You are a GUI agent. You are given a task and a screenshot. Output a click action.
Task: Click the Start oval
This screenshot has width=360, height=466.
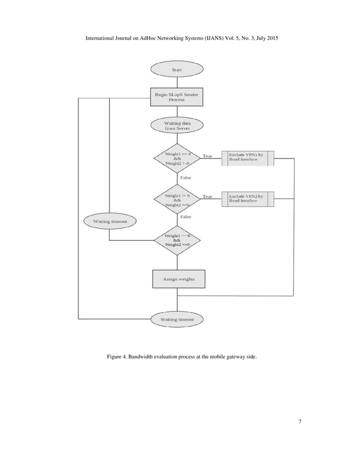(177, 70)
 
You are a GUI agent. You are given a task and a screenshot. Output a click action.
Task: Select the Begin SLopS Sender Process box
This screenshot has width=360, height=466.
(177, 97)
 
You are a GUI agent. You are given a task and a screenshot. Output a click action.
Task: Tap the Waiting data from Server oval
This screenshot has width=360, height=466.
(177, 125)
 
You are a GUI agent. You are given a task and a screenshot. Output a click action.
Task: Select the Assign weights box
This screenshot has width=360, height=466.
(178, 279)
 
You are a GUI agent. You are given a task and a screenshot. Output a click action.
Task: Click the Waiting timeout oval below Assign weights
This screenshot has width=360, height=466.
(177, 319)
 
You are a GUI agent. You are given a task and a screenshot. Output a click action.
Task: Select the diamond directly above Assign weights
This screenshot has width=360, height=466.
(177, 240)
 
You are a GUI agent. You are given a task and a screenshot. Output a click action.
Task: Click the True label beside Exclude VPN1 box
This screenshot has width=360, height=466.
(208, 156)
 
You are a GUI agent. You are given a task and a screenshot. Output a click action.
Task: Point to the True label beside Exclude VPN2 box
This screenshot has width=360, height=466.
(208, 197)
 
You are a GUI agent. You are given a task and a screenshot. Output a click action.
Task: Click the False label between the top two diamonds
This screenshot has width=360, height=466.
(186, 178)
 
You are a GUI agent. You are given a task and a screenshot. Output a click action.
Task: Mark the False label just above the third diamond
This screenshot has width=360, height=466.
(186, 217)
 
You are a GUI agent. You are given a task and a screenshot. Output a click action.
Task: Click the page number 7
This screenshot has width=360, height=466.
(299, 422)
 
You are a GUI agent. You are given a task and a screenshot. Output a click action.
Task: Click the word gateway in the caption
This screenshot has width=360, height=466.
(226, 358)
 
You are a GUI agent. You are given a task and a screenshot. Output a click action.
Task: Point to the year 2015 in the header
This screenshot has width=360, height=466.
(270, 38)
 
